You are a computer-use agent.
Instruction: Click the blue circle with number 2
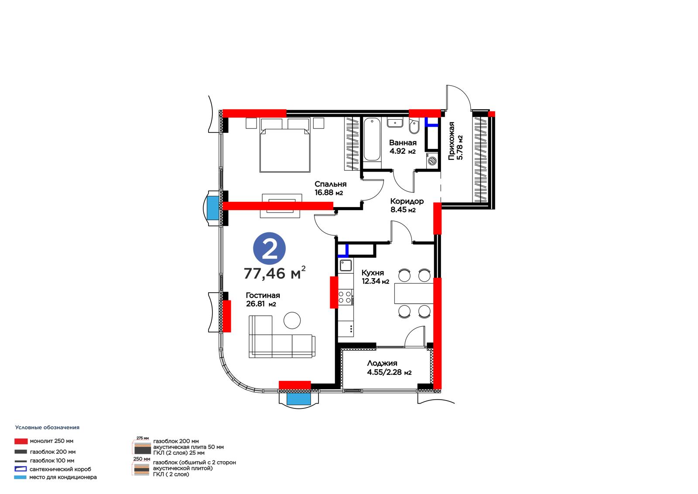tap(269, 249)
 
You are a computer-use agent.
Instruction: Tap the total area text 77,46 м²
tap(274, 273)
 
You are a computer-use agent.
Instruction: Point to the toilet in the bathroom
tap(414, 126)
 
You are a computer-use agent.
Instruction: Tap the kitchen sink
tap(346, 265)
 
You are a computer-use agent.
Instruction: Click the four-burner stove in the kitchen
tap(345, 297)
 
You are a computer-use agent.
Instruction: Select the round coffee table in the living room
tap(292, 320)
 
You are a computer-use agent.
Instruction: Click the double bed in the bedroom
tap(285, 145)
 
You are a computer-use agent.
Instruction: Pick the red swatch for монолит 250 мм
tap(21, 441)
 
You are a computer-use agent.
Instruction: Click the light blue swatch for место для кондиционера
tap(20, 477)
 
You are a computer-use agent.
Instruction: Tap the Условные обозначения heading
tap(48, 427)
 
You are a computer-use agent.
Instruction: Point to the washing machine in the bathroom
tap(432, 161)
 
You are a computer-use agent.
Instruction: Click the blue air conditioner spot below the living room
tap(298, 399)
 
